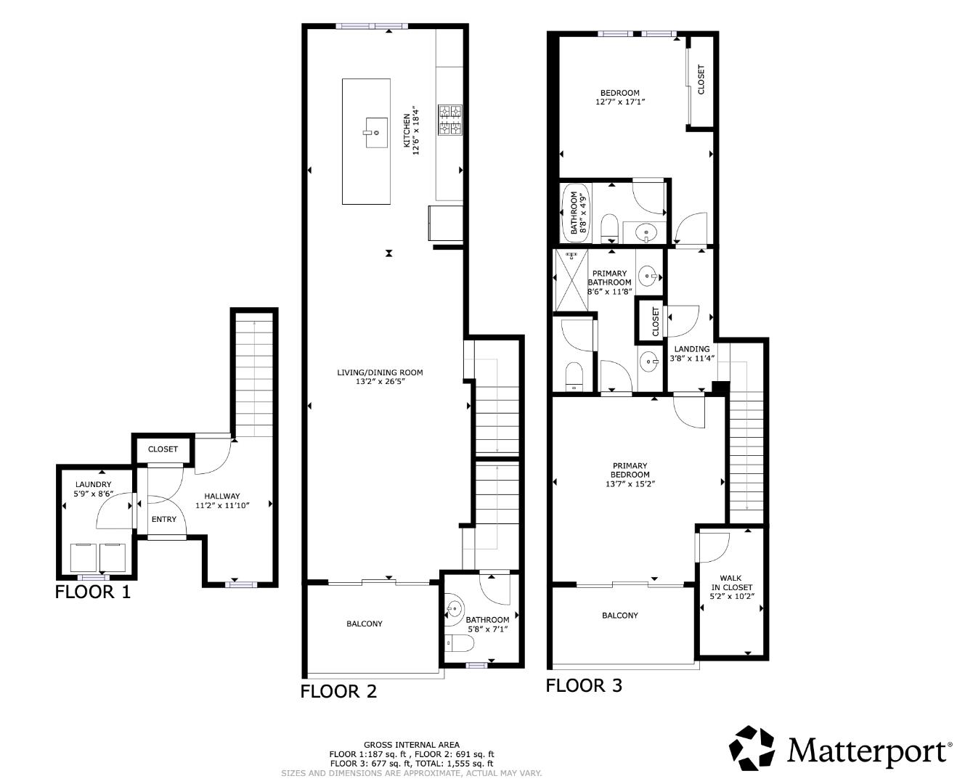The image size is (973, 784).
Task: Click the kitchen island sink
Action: pos(376,132)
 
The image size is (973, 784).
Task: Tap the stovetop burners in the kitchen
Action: pos(449,120)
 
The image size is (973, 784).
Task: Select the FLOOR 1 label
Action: pos(93,592)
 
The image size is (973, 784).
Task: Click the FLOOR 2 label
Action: pos(338,691)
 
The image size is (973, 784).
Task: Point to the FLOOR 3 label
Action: pos(584,685)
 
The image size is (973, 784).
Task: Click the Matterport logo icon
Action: pos(752,748)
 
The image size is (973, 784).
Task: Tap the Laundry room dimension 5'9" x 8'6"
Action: pos(94,494)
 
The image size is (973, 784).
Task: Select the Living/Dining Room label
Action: pos(380,373)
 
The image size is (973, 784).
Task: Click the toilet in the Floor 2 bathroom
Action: pos(459,643)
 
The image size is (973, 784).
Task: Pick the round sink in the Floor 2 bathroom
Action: pos(454,607)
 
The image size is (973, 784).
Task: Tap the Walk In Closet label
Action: pos(731,583)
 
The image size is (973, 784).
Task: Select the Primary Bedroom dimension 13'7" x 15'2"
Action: pos(630,483)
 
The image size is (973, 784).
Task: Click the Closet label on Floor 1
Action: pos(163,449)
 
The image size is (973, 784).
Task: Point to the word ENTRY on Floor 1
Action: pos(163,519)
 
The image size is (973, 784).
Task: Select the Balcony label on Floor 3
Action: pos(620,616)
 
